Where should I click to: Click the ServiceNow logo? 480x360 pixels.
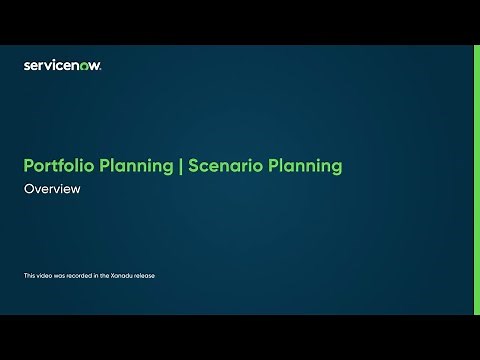click(62, 65)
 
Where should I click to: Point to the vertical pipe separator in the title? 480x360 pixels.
click(180, 166)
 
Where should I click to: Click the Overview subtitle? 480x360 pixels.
click(51, 189)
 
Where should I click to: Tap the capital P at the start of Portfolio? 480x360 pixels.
click(28, 166)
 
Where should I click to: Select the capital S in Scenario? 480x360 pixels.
click(192, 166)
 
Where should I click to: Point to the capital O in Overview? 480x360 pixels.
click(28, 189)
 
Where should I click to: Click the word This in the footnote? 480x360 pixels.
click(28, 275)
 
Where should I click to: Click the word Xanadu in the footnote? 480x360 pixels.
click(121, 275)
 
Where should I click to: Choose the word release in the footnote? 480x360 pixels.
click(145, 275)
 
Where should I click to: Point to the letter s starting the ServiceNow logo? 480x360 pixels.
click(26, 66)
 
